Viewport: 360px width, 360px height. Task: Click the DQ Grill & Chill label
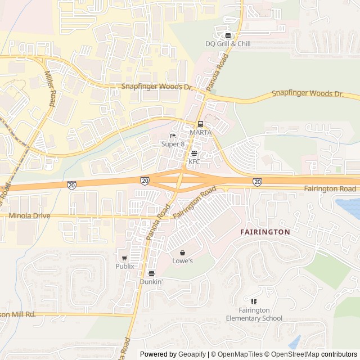pos(228,43)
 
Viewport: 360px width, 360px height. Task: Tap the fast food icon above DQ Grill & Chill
pos(228,35)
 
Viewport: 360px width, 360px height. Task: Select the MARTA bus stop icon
pos(200,124)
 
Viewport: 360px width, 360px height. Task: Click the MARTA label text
pos(200,132)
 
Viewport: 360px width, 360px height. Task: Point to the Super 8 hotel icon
pos(173,136)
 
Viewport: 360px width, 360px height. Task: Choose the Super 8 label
pos(173,144)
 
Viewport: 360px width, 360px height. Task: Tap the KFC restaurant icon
pos(194,154)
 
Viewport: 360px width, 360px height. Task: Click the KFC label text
pos(194,161)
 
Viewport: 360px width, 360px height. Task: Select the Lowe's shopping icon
pos(182,253)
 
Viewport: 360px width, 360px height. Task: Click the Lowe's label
pos(182,261)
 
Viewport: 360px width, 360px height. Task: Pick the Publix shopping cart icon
pos(125,258)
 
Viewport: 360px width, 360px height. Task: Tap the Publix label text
pos(125,266)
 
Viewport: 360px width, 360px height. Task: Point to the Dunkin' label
pos(151,281)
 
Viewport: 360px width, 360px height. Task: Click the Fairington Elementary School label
pos(254,314)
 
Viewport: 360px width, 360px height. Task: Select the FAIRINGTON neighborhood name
pos(265,232)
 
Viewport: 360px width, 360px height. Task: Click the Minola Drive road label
pos(30,215)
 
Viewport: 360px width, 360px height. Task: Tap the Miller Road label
pos(51,89)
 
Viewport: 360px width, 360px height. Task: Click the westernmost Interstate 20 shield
pos(72,185)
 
